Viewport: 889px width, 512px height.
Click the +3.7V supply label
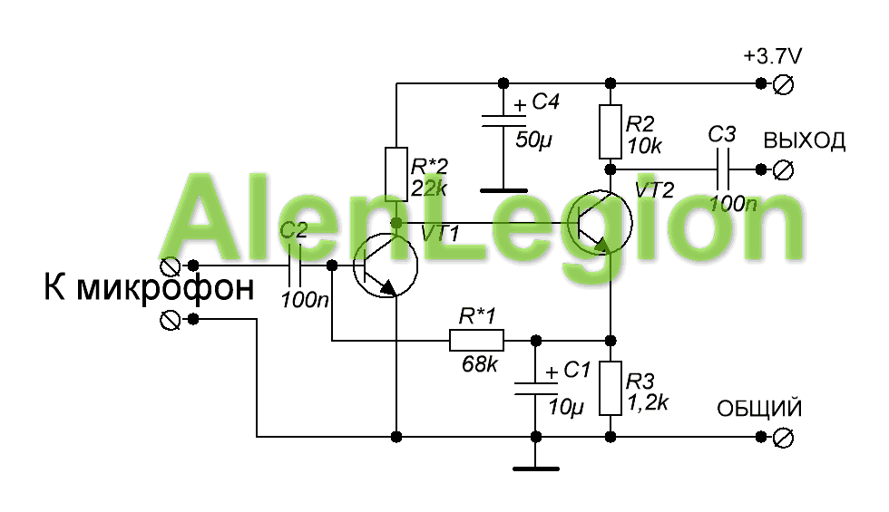click(772, 56)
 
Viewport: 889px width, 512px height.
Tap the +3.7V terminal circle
click(784, 84)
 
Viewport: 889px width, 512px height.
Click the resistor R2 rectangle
click(610, 131)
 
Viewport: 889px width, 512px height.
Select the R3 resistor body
click(610, 388)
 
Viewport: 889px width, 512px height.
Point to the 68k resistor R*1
click(476, 341)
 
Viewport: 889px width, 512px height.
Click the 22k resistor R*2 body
click(396, 174)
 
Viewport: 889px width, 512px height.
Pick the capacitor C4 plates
click(503, 121)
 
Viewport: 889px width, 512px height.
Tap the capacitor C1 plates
click(536, 389)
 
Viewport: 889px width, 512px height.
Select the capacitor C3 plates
click(722, 169)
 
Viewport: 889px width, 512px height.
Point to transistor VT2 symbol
click(600, 223)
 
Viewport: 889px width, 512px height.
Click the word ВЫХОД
click(805, 140)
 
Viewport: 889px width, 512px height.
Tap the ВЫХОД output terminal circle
click(784, 169)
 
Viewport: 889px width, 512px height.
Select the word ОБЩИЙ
click(759, 409)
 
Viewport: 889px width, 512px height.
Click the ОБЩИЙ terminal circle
click(784, 437)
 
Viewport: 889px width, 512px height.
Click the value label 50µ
click(533, 140)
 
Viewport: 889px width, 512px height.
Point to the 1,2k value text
click(648, 402)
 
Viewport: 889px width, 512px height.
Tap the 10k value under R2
click(644, 147)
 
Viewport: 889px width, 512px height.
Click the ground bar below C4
click(503, 191)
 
